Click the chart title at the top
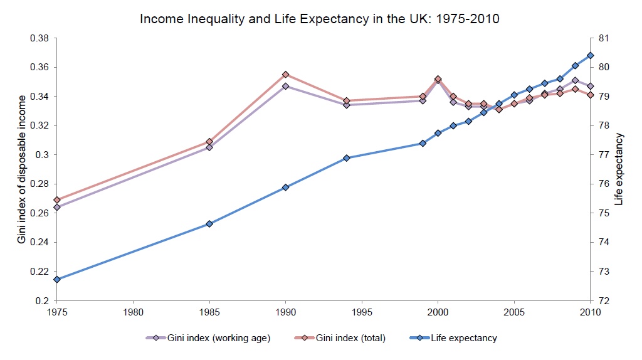[x=319, y=19]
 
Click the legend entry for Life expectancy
[x=463, y=338]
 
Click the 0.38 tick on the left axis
[x=39, y=38]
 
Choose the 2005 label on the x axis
[x=514, y=312]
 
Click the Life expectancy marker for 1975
[x=57, y=280]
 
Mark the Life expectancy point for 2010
[x=590, y=55]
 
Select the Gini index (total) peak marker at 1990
[x=285, y=75]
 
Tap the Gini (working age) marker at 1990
[x=285, y=86]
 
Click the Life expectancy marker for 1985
[x=209, y=224]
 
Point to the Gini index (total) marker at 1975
[x=57, y=200]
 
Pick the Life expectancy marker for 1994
[x=346, y=158]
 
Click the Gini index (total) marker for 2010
[x=590, y=95]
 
